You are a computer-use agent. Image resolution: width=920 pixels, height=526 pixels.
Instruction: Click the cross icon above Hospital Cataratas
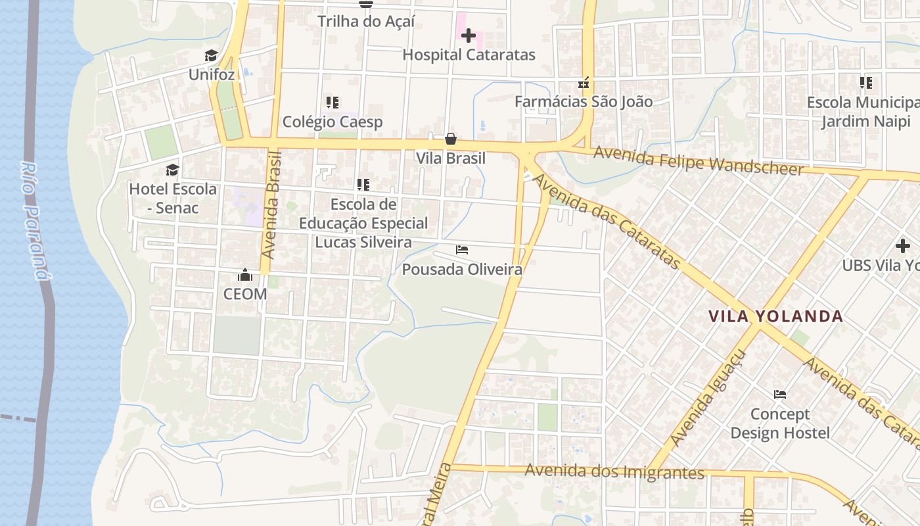(x=469, y=36)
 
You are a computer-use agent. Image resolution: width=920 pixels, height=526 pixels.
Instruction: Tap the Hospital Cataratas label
(x=469, y=55)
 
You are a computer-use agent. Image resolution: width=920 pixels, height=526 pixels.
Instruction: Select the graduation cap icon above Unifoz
(x=211, y=55)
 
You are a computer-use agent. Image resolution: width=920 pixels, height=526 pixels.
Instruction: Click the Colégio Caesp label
(x=333, y=122)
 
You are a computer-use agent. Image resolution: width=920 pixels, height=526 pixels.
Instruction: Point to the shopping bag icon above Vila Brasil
(x=451, y=139)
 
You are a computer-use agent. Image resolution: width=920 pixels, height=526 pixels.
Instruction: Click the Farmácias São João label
(x=584, y=101)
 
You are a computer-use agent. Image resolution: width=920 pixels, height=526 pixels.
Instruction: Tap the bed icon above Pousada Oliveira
(x=462, y=250)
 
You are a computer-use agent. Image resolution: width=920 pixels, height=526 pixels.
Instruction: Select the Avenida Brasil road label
(x=271, y=204)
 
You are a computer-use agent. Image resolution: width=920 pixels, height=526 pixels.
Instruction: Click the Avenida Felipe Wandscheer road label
(x=698, y=161)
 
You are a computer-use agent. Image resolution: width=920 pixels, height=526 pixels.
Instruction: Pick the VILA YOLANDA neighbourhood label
(x=775, y=316)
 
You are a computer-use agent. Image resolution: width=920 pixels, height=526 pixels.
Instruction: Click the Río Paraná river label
(x=34, y=220)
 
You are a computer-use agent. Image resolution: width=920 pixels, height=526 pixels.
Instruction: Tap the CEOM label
(x=245, y=294)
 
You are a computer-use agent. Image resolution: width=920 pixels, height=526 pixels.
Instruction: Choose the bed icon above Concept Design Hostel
(x=780, y=394)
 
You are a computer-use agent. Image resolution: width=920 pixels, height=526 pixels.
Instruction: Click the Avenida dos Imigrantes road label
(x=614, y=471)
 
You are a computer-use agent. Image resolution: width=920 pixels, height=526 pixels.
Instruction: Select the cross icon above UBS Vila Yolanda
(x=903, y=247)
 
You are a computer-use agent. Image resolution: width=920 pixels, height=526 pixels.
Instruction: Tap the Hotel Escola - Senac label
(x=172, y=198)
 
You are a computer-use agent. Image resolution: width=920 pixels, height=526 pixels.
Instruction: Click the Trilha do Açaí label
(x=366, y=21)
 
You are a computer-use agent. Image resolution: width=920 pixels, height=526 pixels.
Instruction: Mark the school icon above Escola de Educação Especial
(x=363, y=185)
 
